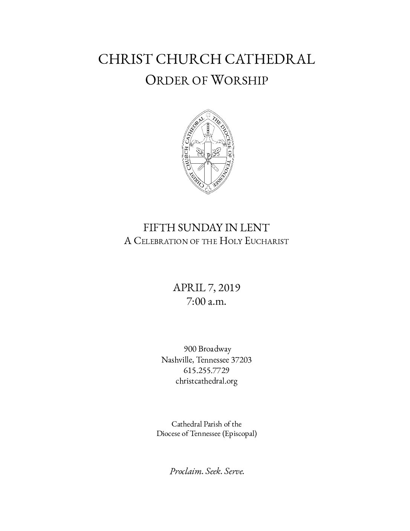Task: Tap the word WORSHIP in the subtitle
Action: pyautogui.click(x=239, y=80)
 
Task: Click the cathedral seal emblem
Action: pyautogui.click(x=207, y=152)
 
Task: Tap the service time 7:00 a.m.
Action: pyautogui.click(x=206, y=302)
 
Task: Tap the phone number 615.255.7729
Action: pyautogui.click(x=207, y=370)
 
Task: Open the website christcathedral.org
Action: pyautogui.click(x=207, y=381)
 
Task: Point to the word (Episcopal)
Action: pyautogui.click(x=239, y=434)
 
